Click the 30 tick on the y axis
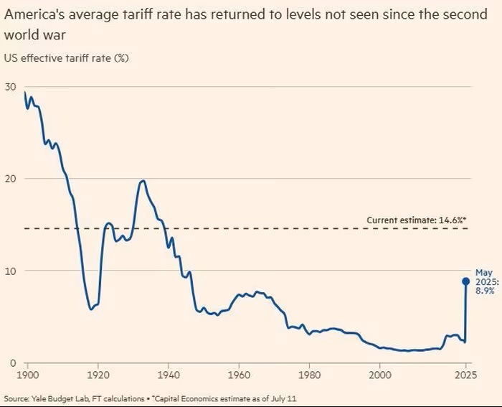[x=10, y=86]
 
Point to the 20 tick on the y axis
[x=10, y=178]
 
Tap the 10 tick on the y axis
[x=10, y=271]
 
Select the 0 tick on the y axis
[x=12, y=362]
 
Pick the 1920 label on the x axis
[x=98, y=374]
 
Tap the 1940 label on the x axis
[x=169, y=374]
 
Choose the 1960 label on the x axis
[x=239, y=374]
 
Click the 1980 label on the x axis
[x=309, y=374]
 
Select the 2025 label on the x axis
[x=466, y=374]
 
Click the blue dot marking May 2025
[x=465, y=281]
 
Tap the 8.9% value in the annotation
[x=484, y=291]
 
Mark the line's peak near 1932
[x=143, y=181]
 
